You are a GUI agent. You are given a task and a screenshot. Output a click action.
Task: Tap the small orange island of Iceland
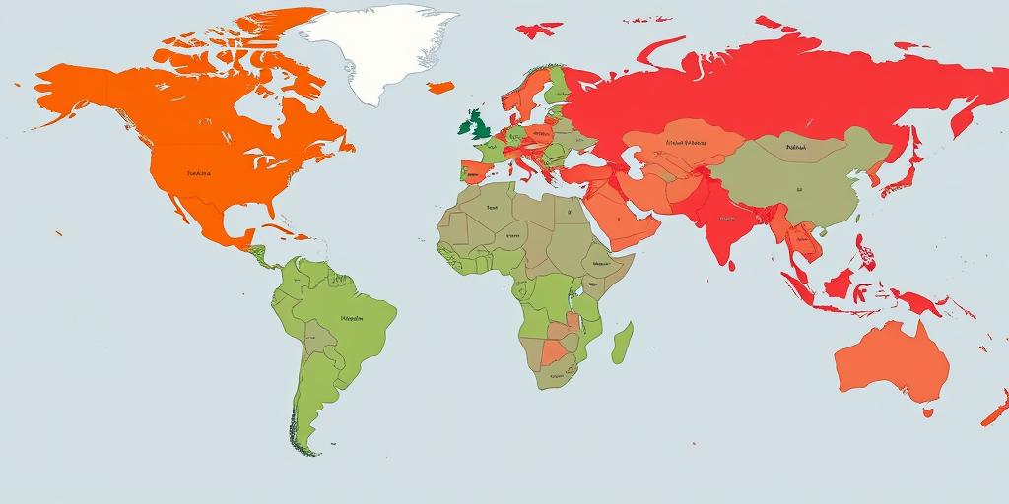click(x=440, y=87)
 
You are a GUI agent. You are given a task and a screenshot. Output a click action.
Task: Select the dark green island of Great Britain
click(x=478, y=124)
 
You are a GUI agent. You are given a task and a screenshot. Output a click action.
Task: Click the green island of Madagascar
click(x=623, y=345)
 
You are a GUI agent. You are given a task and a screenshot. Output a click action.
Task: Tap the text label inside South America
click(x=351, y=319)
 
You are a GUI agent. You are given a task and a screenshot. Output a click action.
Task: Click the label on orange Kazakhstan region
click(x=687, y=142)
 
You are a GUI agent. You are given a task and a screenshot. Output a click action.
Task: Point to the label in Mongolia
click(x=796, y=149)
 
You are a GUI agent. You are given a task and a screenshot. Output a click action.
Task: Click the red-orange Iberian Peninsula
click(x=473, y=173)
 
